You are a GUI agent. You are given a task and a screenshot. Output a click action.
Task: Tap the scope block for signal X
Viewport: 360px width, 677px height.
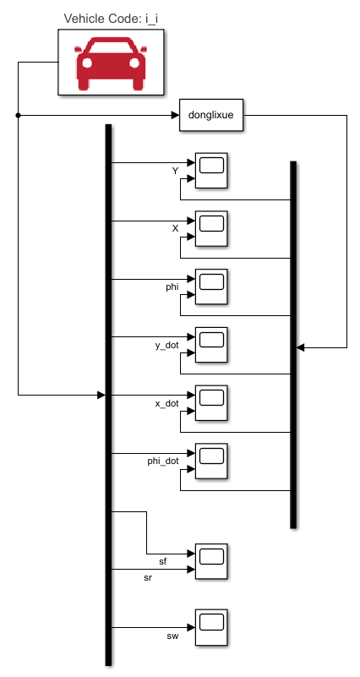211,227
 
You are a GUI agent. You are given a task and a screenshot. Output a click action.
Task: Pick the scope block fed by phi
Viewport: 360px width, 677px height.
211,286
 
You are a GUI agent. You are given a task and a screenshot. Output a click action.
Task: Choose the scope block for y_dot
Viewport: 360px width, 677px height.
211,344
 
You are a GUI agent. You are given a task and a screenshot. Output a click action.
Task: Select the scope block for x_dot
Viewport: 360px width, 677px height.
211,402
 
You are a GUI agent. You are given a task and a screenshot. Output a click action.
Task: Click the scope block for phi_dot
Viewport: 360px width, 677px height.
211,461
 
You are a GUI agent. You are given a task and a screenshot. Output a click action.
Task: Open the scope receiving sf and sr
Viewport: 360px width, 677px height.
211,561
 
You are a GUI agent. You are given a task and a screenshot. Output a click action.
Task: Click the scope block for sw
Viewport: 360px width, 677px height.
211,626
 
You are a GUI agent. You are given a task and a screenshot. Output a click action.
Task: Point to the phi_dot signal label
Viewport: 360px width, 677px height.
162,461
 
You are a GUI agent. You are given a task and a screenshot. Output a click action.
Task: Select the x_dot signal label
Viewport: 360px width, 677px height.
166,403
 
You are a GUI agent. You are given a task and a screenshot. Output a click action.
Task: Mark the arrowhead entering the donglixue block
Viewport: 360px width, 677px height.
175,116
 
